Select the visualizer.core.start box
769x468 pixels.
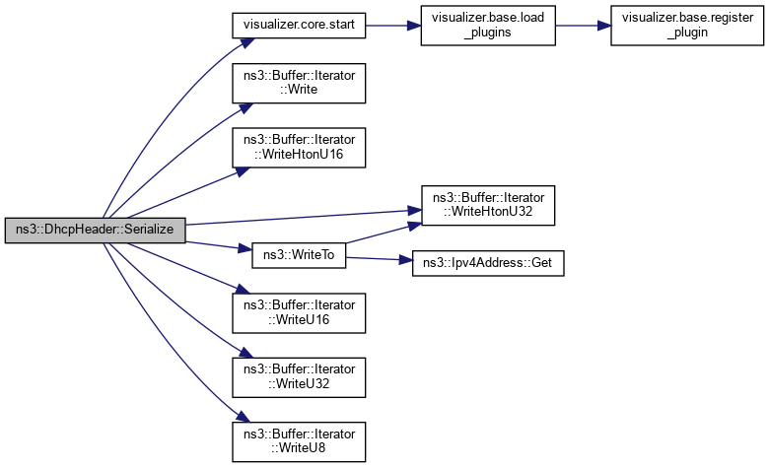299,25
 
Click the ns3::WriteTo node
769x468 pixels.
299,254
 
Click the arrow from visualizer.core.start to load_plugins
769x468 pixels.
393,25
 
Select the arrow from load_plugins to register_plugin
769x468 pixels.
584,25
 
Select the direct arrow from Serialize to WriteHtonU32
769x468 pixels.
296,218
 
